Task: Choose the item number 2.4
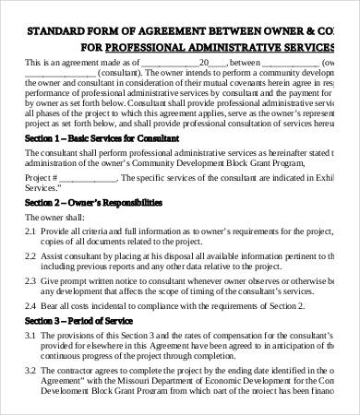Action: pos(30,303)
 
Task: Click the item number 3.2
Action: pos(30,366)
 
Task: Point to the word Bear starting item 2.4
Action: pos(50,303)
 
